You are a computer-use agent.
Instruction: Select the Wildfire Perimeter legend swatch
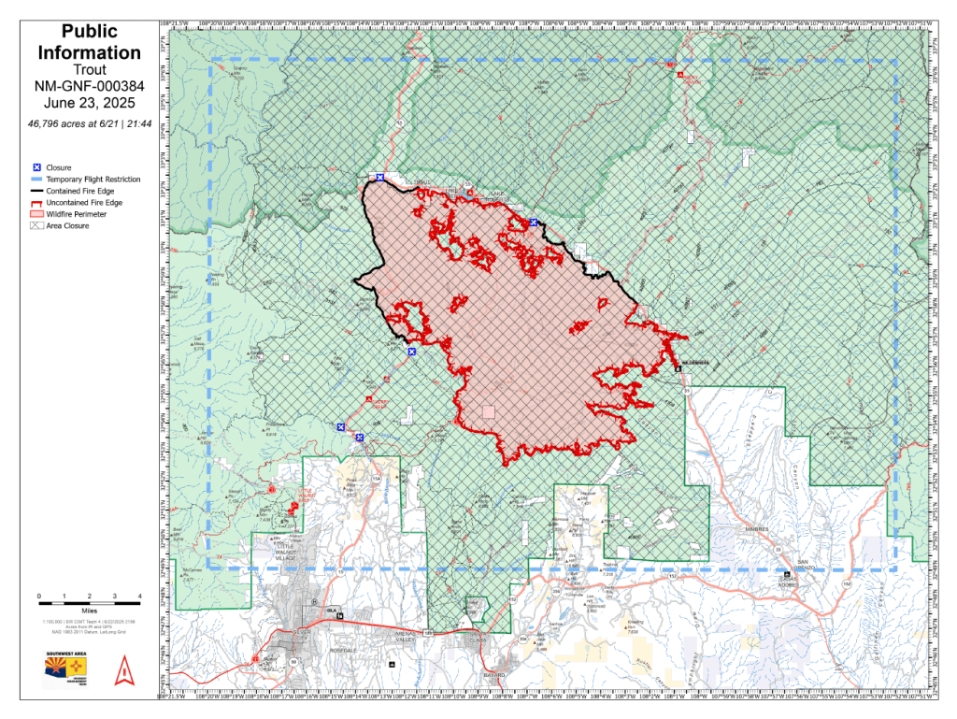(x=37, y=214)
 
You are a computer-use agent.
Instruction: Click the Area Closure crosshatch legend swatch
(x=37, y=225)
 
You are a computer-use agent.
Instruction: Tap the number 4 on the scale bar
(x=139, y=596)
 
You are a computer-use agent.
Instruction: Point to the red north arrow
(x=121, y=670)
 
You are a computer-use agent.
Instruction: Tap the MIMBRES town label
(x=756, y=528)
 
